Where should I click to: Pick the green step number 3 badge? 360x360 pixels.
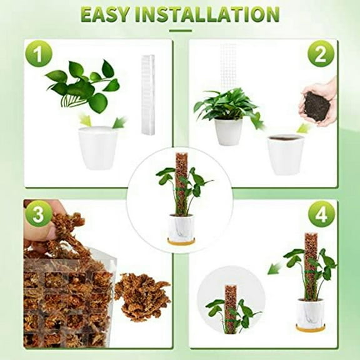click(38, 216)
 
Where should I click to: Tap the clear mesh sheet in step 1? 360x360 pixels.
click(147, 94)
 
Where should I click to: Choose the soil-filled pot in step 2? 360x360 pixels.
click(285, 153)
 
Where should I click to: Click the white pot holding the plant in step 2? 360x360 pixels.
click(228, 131)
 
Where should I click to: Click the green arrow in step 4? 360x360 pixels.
click(274, 268)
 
